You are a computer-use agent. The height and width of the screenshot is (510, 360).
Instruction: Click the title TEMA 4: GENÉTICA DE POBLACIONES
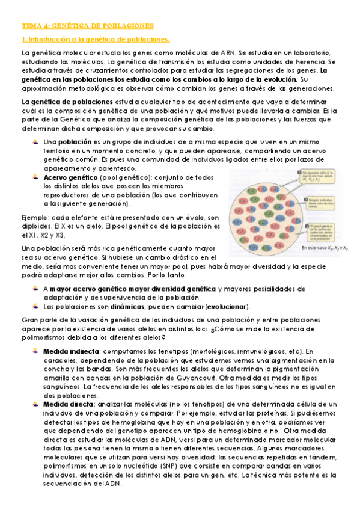pos(88,26)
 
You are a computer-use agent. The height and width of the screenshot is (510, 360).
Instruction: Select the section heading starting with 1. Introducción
pos(96,40)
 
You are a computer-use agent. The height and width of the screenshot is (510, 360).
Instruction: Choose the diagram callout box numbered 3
pos(328,232)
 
